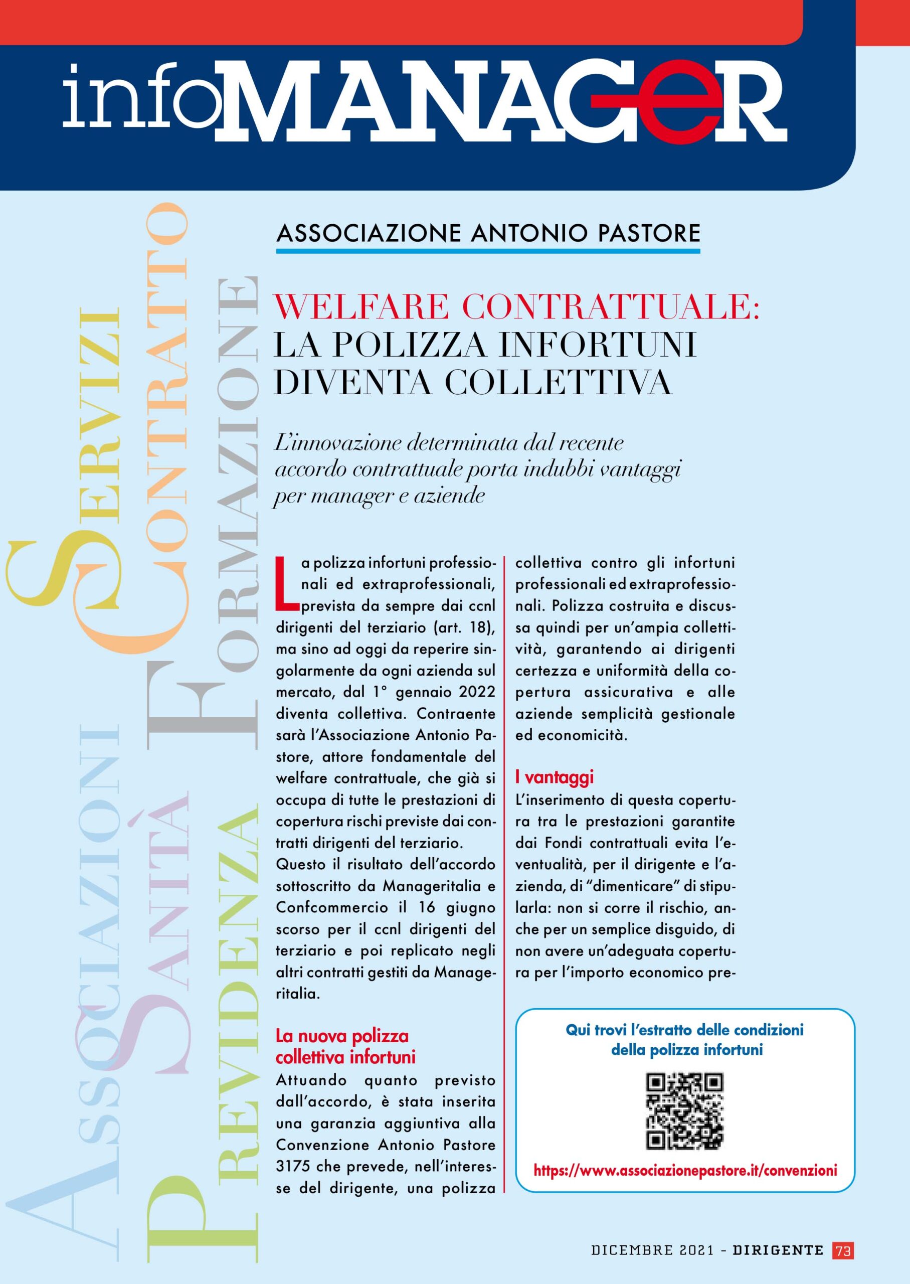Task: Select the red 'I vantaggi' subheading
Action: click(554, 777)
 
